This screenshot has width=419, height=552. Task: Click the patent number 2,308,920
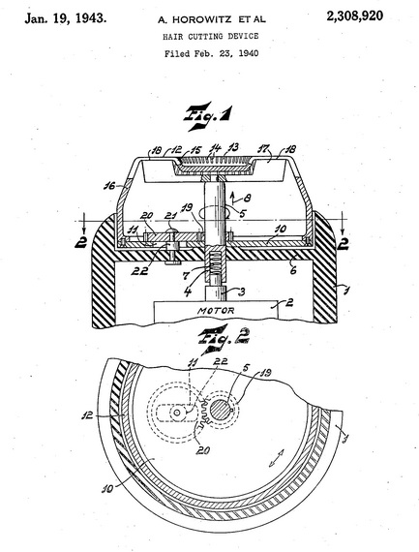click(x=354, y=15)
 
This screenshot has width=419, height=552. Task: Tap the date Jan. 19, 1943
click(x=66, y=18)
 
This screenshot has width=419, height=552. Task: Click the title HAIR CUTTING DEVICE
click(x=210, y=36)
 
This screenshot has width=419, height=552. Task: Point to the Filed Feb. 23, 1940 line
click(x=211, y=53)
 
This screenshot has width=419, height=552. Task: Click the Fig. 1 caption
click(x=208, y=116)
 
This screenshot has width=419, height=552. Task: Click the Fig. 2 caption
click(x=224, y=338)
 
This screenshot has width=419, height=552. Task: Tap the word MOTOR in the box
click(x=216, y=311)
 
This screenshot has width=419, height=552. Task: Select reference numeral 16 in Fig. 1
click(x=110, y=185)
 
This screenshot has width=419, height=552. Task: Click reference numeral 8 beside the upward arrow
click(x=248, y=198)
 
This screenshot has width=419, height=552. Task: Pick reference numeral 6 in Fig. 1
click(x=293, y=269)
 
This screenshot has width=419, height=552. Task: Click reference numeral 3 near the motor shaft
click(x=241, y=291)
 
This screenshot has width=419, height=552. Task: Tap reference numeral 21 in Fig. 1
click(x=171, y=215)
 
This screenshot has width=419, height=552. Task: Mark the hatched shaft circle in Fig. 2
click(x=221, y=411)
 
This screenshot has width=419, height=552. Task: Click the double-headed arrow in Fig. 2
click(x=277, y=458)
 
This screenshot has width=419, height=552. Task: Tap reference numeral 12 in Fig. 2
click(x=87, y=415)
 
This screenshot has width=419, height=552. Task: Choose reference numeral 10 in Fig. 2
click(x=108, y=489)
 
